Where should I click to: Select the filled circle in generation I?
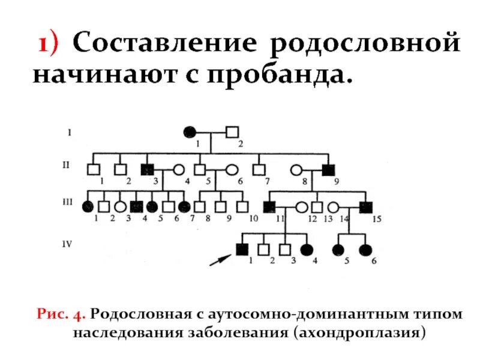tap(190, 131)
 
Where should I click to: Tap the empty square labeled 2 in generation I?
tap(232, 131)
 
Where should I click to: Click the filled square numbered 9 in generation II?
tap(328, 170)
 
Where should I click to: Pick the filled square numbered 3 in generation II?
tap(146, 170)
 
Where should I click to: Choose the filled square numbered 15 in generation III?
tap(366, 207)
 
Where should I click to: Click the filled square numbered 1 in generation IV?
tap(242, 249)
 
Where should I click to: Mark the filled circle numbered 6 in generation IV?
tap(365, 249)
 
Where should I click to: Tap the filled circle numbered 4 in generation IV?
tap(308, 249)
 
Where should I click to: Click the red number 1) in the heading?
tap(52, 45)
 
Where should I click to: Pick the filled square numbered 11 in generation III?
tap(270, 207)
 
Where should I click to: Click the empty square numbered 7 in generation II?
tap(259, 170)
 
